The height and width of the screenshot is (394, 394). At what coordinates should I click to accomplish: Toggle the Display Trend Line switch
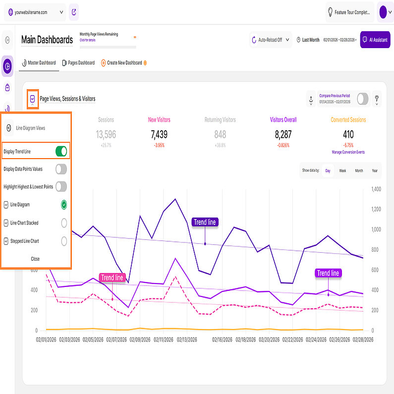(60, 151)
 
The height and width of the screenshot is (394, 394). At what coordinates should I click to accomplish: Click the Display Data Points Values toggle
(61, 169)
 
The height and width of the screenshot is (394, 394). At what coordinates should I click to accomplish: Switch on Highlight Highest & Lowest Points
(61, 186)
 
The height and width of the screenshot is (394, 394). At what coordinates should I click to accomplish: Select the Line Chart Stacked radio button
(64, 223)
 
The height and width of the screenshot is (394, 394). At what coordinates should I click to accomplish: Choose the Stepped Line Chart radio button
(64, 241)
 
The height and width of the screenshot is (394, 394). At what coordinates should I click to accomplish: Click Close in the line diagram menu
(35, 259)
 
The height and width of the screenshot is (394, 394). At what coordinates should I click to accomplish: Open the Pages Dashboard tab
(78, 63)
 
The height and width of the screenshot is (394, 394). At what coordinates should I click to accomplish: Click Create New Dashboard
(121, 63)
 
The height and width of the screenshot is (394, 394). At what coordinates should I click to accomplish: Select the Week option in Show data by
(342, 170)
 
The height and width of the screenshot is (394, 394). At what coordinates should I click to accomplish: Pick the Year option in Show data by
(375, 170)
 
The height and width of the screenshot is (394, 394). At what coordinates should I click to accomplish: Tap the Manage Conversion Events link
(348, 152)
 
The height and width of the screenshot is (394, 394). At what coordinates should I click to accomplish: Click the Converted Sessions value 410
(348, 134)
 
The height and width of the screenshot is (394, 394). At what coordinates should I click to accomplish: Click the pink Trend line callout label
(112, 278)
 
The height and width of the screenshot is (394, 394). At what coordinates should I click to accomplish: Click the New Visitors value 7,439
(160, 134)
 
